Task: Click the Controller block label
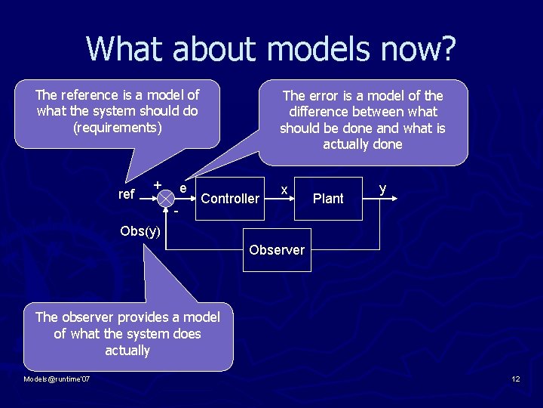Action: pos(230,199)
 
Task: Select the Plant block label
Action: pos(328,199)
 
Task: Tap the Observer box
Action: pos(277,249)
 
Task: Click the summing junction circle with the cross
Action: pos(165,197)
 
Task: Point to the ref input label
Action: pos(127,195)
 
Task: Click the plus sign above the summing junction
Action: pos(157,184)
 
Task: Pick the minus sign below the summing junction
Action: pos(176,212)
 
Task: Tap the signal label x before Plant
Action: pos(283,189)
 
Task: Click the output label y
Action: pos(383,188)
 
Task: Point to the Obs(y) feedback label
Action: pos(140,231)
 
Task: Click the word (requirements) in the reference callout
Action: pos(118,128)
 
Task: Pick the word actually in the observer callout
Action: pos(127,351)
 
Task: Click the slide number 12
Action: pos(516,379)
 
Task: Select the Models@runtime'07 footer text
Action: pos(57,379)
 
